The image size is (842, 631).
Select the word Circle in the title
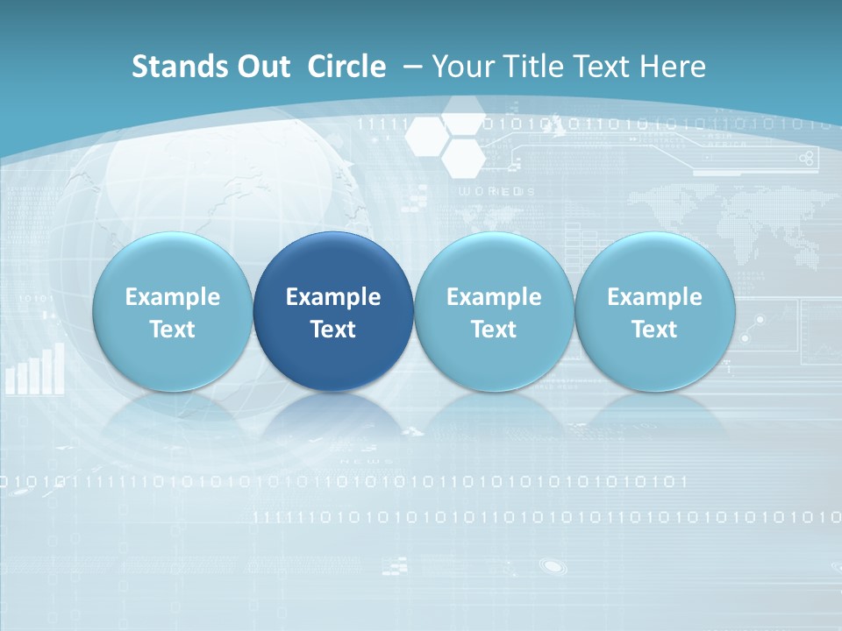[346, 67]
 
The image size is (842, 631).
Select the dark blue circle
[333, 312]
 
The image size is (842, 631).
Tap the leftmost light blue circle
[172, 312]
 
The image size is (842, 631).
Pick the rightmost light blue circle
[654, 312]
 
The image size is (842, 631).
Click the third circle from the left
[494, 312]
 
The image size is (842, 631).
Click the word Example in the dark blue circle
[333, 297]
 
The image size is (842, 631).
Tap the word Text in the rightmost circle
[654, 330]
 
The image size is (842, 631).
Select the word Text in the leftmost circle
[172, 330]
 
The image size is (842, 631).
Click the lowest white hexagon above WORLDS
[462, 158]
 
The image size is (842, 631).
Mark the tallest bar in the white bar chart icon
[60, 368]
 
